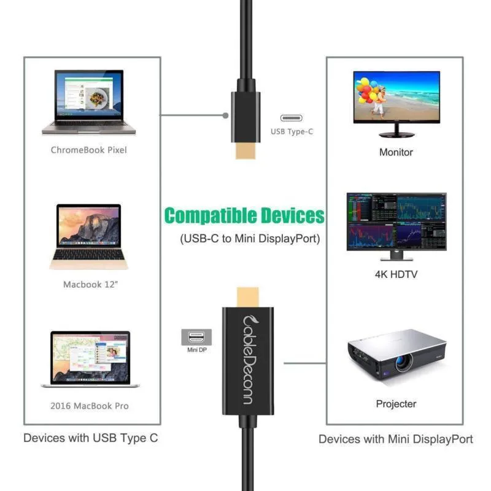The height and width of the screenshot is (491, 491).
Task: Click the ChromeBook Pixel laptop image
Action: (x=88, y=102)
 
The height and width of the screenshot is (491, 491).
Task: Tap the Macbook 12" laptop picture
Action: (x=88, y=236)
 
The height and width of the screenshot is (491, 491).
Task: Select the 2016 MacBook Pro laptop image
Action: (x=90, y=359)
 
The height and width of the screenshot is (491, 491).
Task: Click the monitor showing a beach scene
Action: (x=396, y=104)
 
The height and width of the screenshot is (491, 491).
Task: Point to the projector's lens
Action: (x=403, y=363)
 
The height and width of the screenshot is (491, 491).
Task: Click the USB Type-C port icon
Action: (x=291, y=118)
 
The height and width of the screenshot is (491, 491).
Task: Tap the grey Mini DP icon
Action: (x=196, y=337)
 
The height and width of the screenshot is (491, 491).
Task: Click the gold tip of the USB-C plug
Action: (x=245, y=150)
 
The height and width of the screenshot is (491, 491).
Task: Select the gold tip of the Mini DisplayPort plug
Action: (x=248, y=297)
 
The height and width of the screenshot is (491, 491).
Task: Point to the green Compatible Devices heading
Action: (x=244, y=215)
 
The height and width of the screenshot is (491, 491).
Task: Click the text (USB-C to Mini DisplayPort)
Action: (x=250, y=239)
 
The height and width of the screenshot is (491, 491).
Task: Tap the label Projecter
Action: (x=396, y=404)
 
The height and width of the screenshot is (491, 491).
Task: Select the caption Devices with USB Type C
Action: (x=90, y=438)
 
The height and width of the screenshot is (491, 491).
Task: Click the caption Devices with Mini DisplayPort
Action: (x=395, y=439)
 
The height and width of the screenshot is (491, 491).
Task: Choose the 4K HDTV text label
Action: (x=396, y=274)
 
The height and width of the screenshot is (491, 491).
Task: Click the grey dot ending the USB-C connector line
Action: (x=225, y=115)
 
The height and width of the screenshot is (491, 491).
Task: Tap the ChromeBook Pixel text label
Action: (x=89, y=150)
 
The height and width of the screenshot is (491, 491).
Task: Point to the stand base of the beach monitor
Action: (x=396, y=135)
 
